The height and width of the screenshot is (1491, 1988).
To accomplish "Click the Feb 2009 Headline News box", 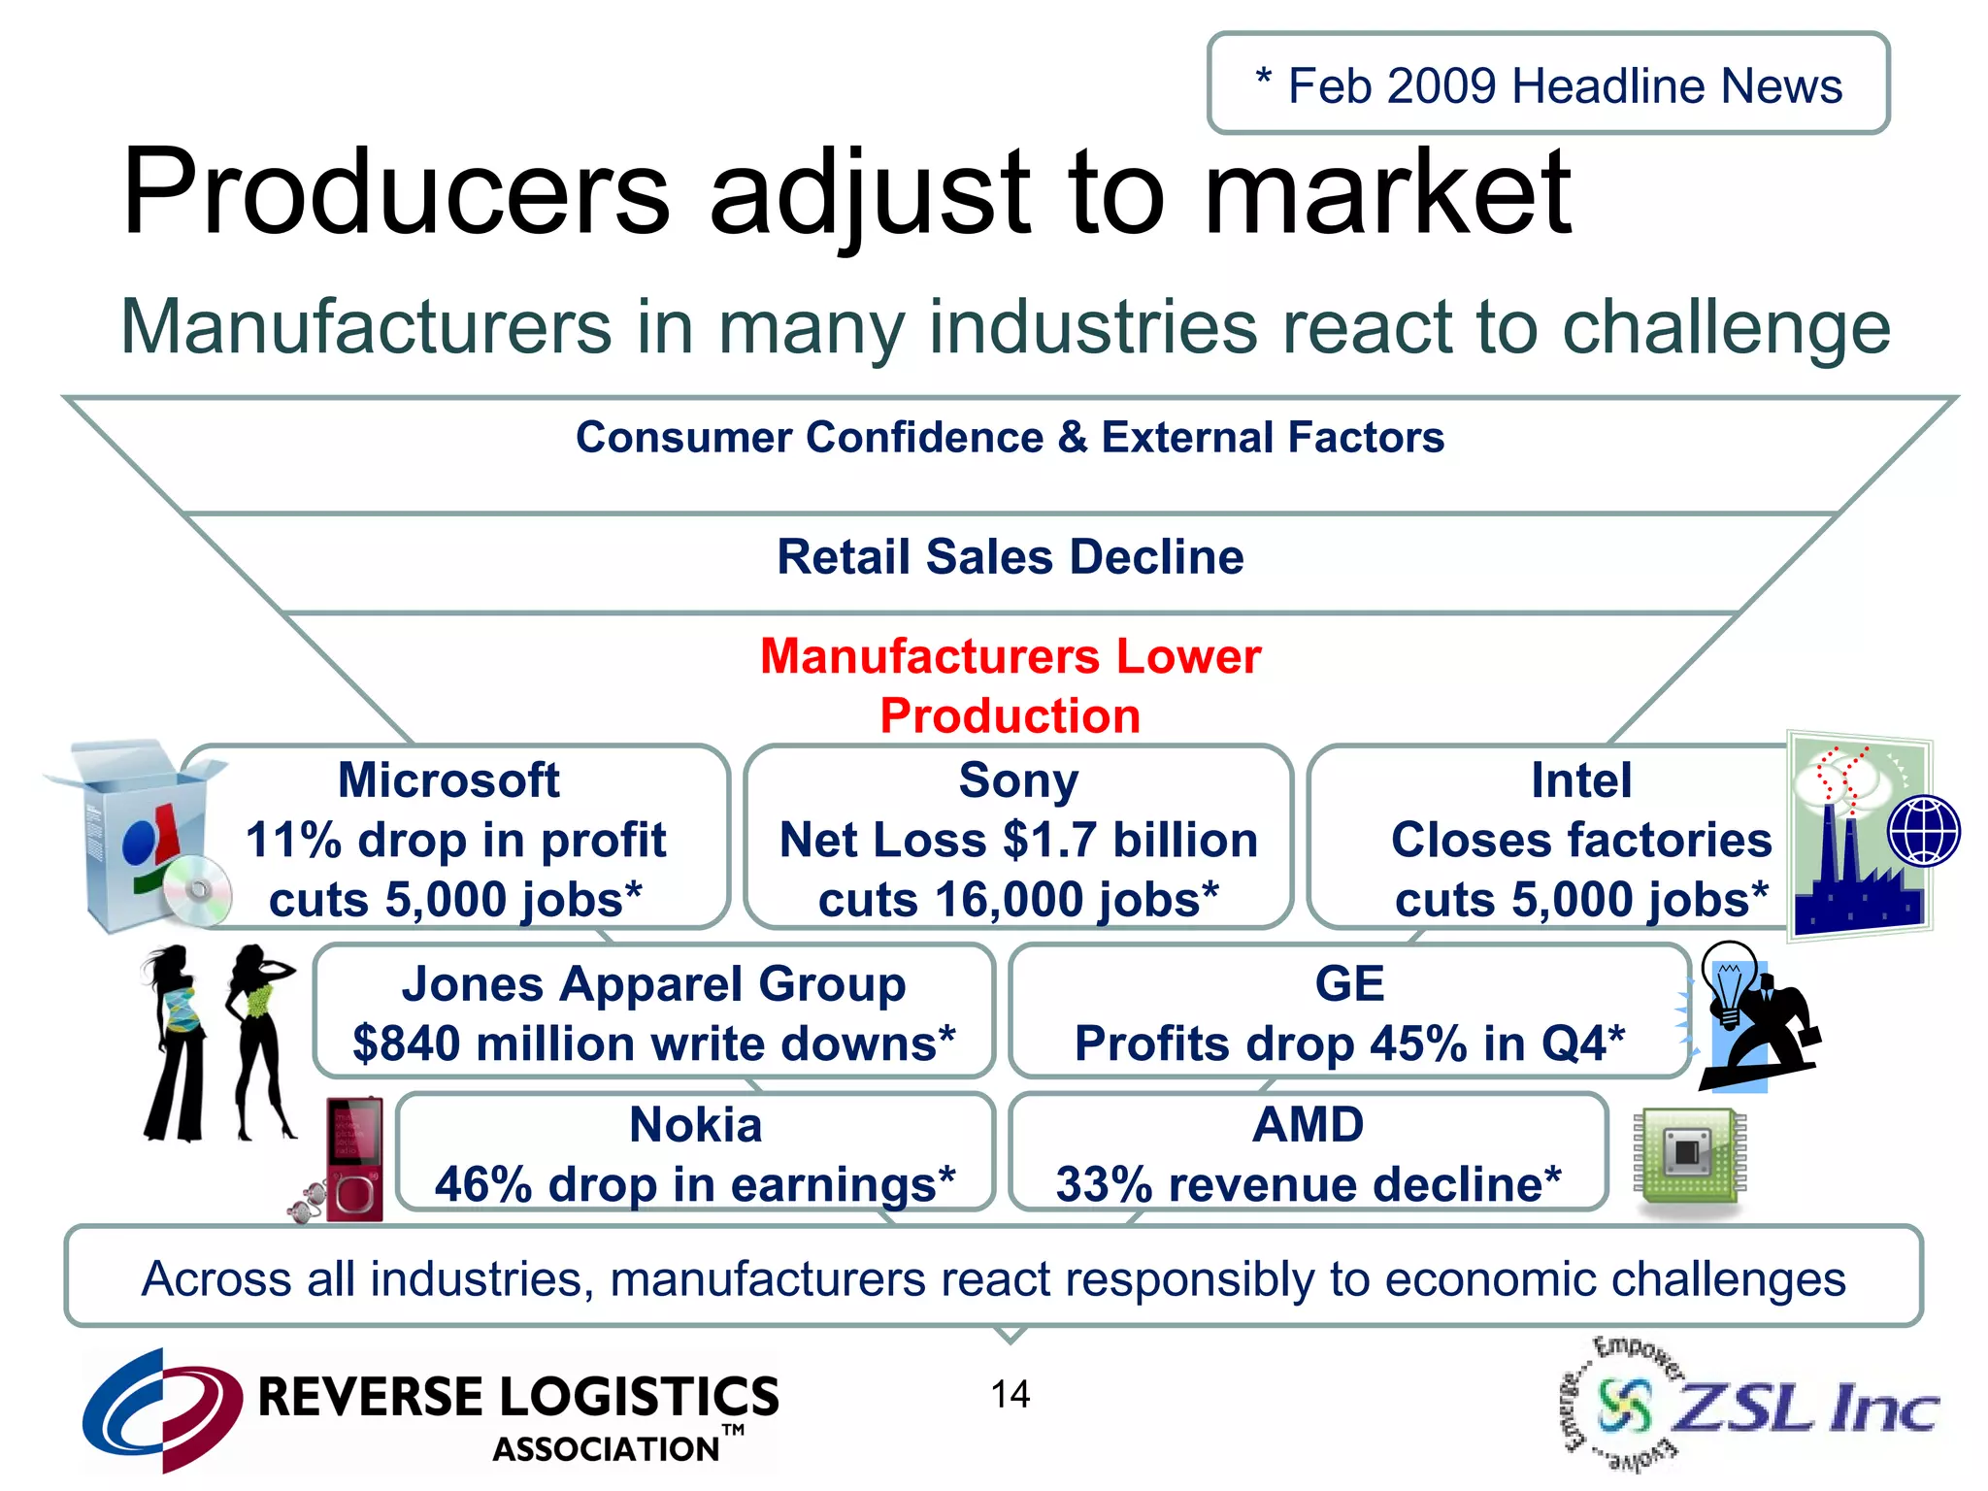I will pyautogui.click(x=1548, y=84).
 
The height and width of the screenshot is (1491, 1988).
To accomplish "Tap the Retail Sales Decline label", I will pyautogui.click(x=1010, y=557).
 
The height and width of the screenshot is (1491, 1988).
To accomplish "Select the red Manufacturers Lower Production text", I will pyautogui.click(x=1010, y=685).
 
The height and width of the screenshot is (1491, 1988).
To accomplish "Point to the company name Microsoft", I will pyautogui.click(x=448, y=780).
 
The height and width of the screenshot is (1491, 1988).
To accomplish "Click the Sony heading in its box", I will pyautogui.click(x=1018, y=780).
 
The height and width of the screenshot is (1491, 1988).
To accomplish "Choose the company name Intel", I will pyautogui.click(x=1581, y=780).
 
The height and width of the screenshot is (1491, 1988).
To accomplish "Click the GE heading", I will pyautogui.click(x=1349, y=984).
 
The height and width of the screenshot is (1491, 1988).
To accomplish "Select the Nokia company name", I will pyautogui.click(x=695, y=1125).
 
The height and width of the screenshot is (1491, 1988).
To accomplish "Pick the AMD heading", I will pyautogui.click(x=1308, y=1125).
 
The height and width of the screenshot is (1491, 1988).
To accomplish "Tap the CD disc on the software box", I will pyautogui.click(x=197, y=890).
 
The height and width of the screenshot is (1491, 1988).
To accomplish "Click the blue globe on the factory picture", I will pyautogui.click(x=1923, y=831).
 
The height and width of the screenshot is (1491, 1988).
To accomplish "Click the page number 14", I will pyautogui.click(x=1010, y=1395).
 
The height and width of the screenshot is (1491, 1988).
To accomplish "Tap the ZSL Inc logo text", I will pyautogui.click(x=1806, y=1408).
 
